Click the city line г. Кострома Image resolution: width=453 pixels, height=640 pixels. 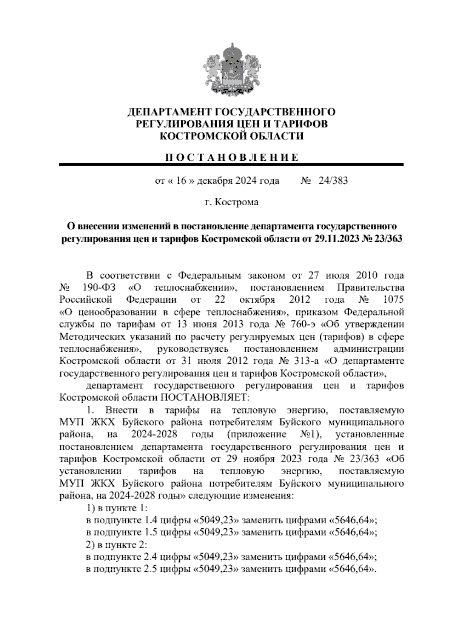tap(231, 202)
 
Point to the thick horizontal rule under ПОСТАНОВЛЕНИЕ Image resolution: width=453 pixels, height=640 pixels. tap(231, 165)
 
